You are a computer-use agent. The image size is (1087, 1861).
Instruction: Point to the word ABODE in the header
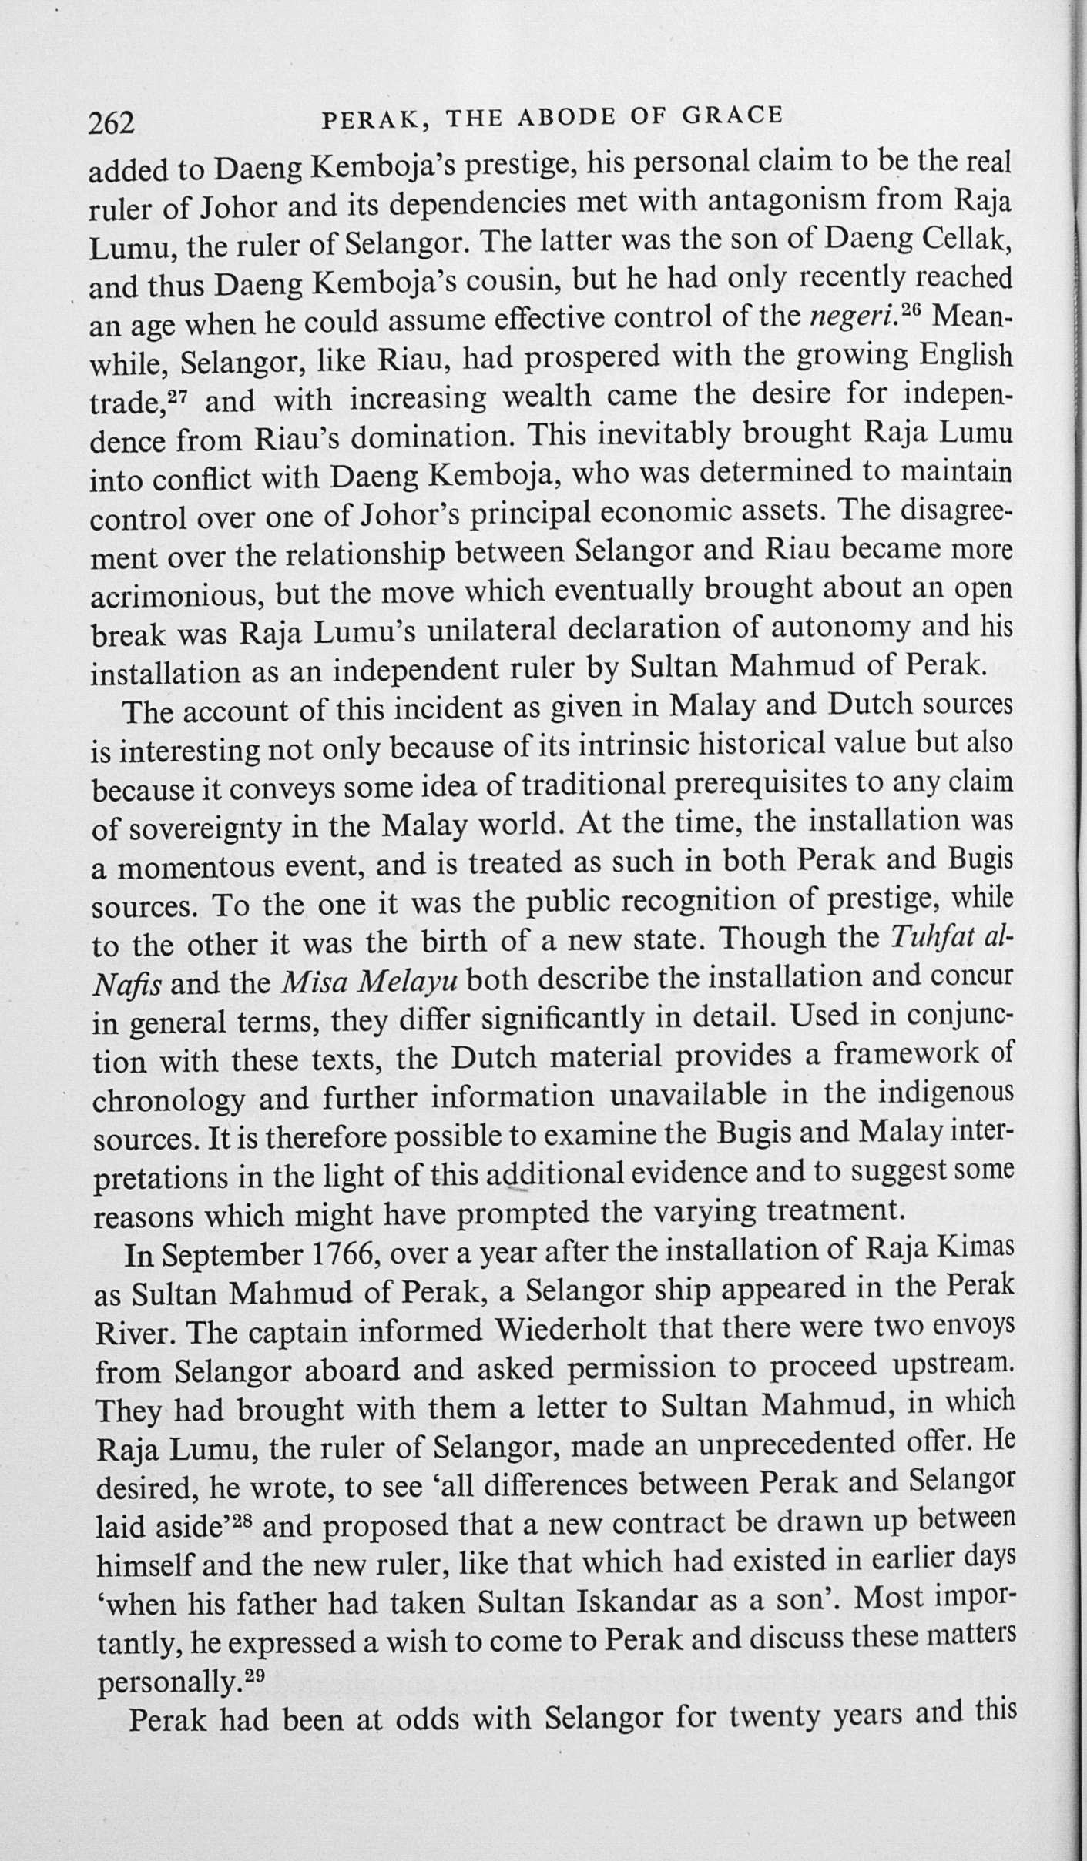[569, 118]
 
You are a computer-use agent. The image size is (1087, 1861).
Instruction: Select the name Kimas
[978, 1249]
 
